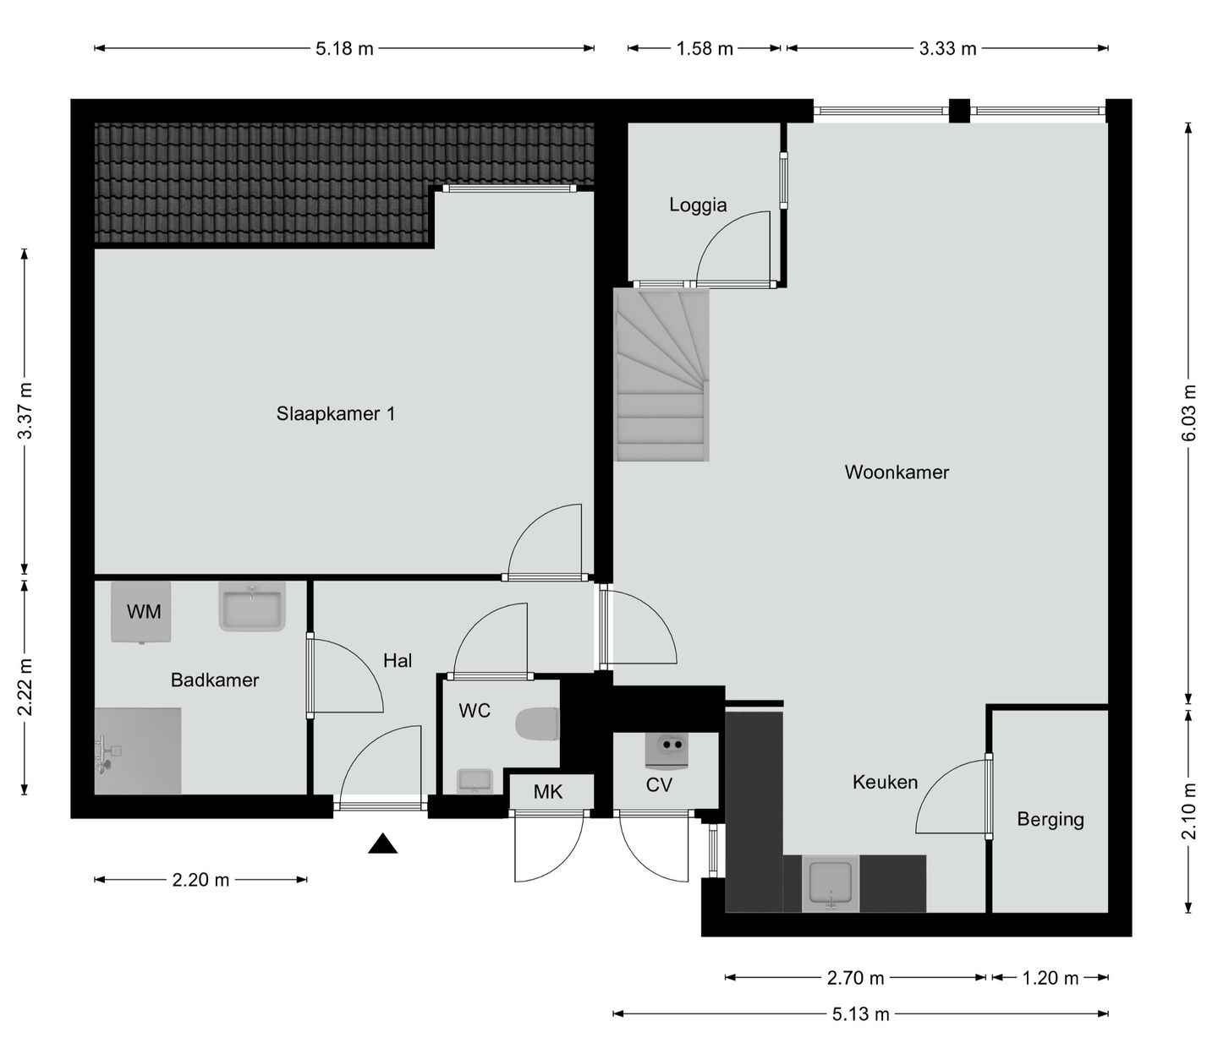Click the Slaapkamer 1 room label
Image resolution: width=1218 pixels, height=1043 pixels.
click(x=336, y=414)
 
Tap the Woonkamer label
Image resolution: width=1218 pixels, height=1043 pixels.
click(x=897, y=472)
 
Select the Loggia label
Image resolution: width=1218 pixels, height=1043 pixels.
click(x=698, y=205)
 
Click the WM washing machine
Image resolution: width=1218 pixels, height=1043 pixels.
click(x=141, y=611)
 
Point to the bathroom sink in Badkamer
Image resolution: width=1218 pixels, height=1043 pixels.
click(x=252, y=606)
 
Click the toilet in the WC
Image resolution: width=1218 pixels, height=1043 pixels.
click(x=538, y=724)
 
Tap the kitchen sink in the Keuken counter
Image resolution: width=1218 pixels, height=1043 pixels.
click(x=831, y=883)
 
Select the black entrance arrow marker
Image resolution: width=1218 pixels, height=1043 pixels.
click(x=382, y=844)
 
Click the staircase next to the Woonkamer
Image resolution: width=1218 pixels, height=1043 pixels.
click(x=661, y=374)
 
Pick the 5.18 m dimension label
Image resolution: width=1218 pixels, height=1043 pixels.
click(x=344, y=48)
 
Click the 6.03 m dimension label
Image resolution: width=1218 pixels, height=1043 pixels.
click(x=1188, y=413)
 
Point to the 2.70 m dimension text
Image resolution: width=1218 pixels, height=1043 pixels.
click(x=855, y=978)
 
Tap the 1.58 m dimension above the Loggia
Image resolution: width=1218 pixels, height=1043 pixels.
click(x=705, y=48)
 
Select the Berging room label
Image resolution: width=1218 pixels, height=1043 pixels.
click(x=1050, y=819)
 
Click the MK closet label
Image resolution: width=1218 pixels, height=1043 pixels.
click(x=548, y=792)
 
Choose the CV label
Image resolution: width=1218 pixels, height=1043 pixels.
click(x=659, y=785)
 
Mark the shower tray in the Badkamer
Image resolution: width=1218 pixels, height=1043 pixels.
click(x=138, y=751)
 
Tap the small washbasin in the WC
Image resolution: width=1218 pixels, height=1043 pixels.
click(x=475, y=780)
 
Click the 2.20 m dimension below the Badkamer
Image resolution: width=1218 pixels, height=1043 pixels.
click(x=200, y=880)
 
